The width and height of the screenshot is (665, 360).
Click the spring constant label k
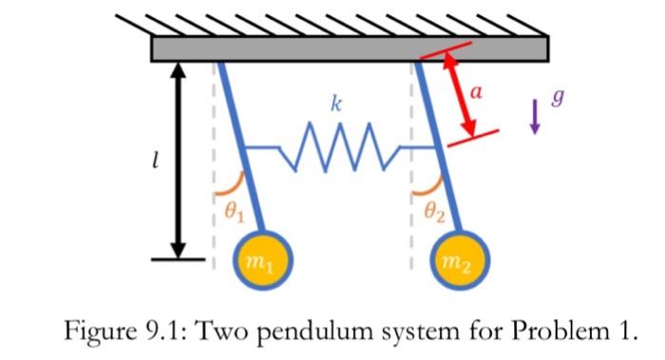click(334, 104)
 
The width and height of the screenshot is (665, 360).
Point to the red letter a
click(477, 91)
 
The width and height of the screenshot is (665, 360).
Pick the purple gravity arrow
click(534, 117)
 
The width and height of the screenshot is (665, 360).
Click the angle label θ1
click(233, 215)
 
